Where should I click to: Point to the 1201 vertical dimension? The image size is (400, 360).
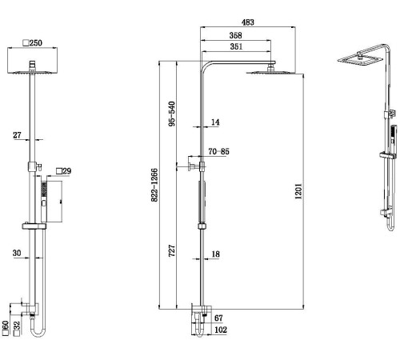point(297,192)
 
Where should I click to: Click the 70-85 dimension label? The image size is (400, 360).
point(219,150)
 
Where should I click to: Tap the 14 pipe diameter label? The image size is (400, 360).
point(215,122)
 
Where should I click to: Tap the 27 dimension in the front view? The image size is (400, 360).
point(18,135)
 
